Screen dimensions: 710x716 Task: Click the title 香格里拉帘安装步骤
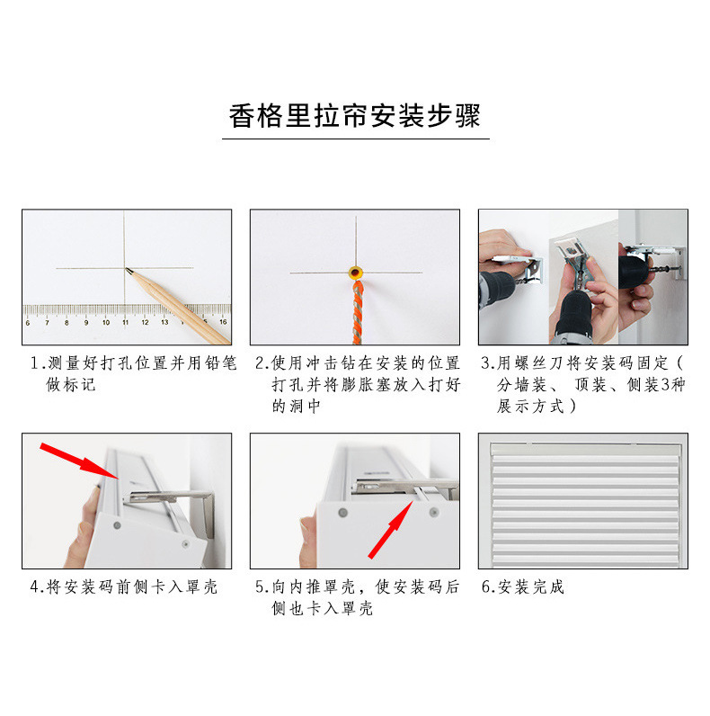point(354,116)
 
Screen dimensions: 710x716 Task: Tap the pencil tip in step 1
point(127,269)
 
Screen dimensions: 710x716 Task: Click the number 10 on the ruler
point(106,322)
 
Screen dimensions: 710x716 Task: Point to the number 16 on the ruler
point(223,322)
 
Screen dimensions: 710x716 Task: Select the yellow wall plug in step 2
point(356,273)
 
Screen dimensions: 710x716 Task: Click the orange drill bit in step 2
point(358,312)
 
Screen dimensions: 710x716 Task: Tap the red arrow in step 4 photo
point(79,461)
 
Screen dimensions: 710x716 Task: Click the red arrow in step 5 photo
point(391,529)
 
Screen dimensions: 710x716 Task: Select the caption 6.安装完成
point(523,586)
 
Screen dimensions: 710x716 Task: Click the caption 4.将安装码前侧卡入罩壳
point(124,586)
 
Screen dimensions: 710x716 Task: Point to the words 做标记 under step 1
point(71,384)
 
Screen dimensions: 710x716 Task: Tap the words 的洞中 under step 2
point(297,406)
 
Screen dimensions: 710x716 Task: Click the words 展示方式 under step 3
point(530,406)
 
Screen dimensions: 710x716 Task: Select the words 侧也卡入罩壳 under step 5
point(323,608)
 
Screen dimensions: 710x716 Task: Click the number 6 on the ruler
point(28,323)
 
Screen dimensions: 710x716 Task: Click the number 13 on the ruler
point(164,322)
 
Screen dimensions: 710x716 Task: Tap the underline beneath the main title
point(356,139)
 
